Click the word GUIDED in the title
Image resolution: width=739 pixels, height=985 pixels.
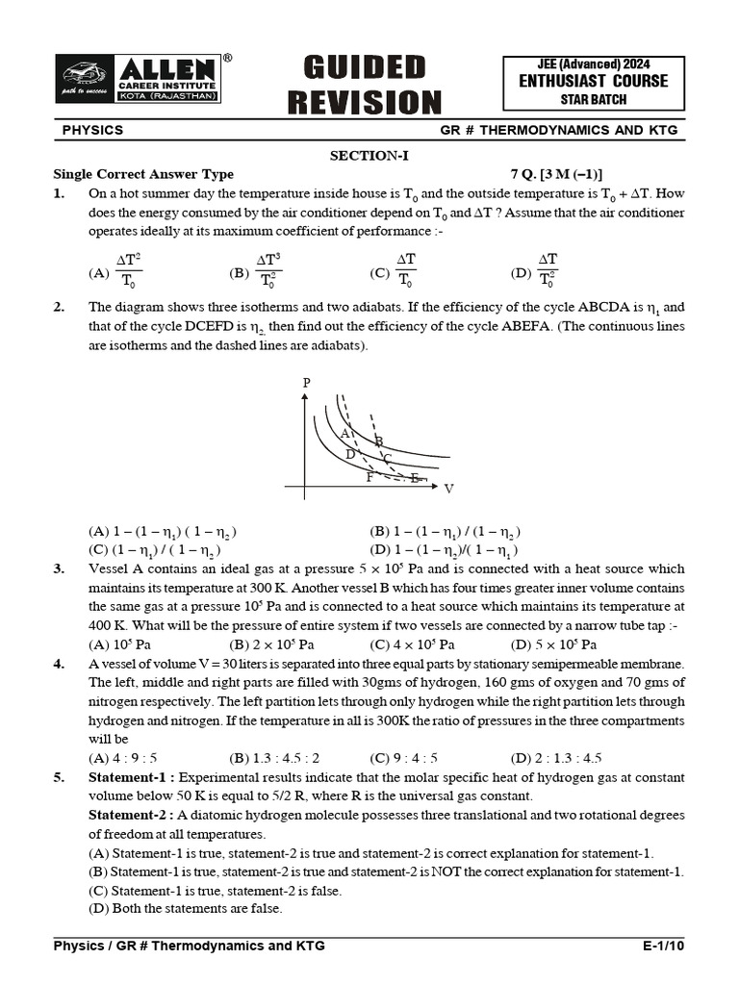click(364, 68)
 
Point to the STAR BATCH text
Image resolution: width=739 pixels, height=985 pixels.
click(593, 98)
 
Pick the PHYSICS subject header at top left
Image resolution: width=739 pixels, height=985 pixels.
click(92, 130)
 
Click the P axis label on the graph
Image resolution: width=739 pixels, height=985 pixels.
click(307, 383)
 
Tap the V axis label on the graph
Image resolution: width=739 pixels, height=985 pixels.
click(448, 489)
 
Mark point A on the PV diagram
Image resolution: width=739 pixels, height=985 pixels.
click(344, 434)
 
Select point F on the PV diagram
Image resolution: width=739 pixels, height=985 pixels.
click(369, 476)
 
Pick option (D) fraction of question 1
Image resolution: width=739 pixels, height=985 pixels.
click(547, 271)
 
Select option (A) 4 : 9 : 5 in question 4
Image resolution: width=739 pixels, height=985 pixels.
click(123, 758)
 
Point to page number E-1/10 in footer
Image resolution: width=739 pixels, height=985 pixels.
click(663, 946)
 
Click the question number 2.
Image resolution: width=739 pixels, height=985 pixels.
click(59, 308)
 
